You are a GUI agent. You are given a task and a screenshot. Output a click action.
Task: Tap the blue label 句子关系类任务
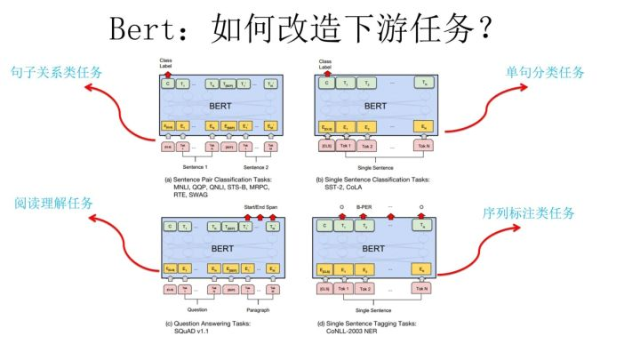55,71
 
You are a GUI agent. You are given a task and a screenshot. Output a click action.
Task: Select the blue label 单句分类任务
546,71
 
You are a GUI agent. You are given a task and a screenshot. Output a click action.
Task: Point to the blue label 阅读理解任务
54,203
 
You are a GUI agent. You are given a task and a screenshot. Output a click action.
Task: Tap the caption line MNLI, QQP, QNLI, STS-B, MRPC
209,188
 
